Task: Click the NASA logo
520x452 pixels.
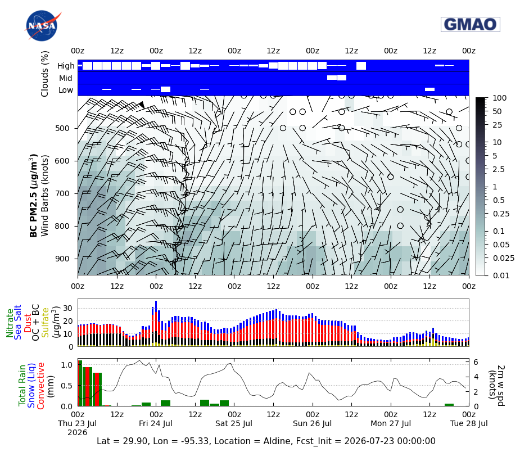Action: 42,25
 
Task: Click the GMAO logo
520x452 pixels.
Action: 471,24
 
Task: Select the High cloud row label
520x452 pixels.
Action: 66,66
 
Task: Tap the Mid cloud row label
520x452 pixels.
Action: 66,78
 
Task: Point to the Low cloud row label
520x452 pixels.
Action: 66,90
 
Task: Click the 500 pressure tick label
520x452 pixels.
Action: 62,128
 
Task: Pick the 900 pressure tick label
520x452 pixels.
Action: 62,259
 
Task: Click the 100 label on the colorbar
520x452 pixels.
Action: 499,98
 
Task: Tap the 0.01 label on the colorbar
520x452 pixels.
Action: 501,275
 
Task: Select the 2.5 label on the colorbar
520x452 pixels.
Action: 499,169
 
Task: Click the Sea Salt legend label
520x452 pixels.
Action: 17,322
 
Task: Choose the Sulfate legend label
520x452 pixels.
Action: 45,323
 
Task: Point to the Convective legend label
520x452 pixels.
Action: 40,386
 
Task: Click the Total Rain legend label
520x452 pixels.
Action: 22,386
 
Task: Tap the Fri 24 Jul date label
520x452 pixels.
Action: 156,423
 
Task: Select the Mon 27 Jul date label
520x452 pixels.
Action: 391,423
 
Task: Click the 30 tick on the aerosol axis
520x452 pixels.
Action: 68,308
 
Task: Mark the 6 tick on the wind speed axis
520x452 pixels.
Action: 476,362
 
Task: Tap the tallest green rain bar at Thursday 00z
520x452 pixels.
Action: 80,383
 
